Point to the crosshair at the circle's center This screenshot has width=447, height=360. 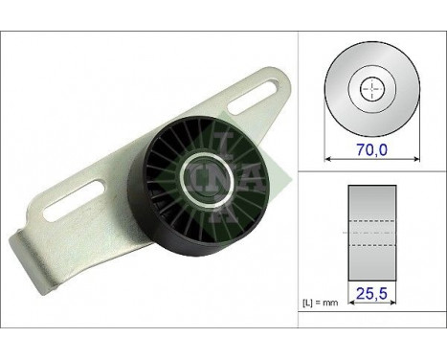click(x=369, y=89)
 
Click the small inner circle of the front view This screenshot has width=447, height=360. click(x=369, y=89)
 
